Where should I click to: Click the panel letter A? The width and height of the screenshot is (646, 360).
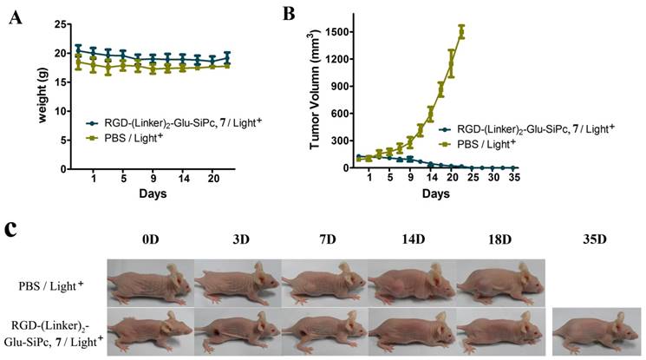[x=15, y=16]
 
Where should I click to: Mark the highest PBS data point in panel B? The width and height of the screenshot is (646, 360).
[x=461, y=32]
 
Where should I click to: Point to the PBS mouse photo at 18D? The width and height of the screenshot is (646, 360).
[x=501, y=283]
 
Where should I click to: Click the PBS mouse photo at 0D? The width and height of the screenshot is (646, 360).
[x=149, y=283]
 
